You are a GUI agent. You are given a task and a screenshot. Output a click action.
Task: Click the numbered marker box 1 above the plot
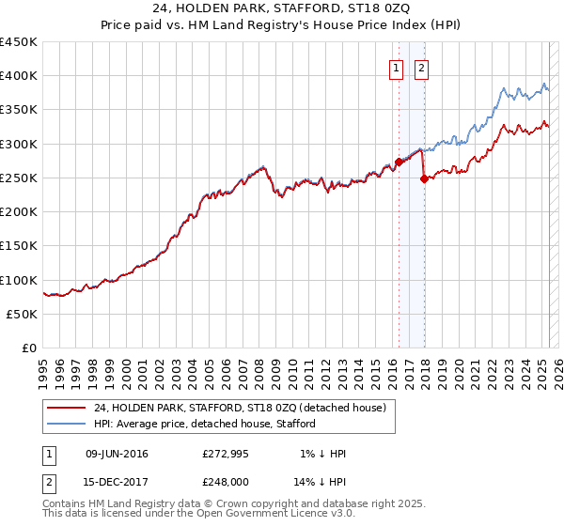tap(396, 68)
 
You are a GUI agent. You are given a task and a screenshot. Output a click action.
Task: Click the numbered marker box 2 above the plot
tap(421, 68)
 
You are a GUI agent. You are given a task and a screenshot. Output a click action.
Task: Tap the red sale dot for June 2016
tap(399, 162)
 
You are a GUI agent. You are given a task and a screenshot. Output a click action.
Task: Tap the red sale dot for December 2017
tap(424, 178)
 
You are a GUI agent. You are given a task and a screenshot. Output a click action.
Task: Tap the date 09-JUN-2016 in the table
tap(117, 454)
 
